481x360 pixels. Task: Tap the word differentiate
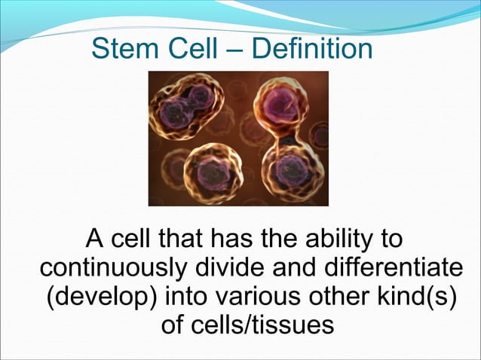398,269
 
